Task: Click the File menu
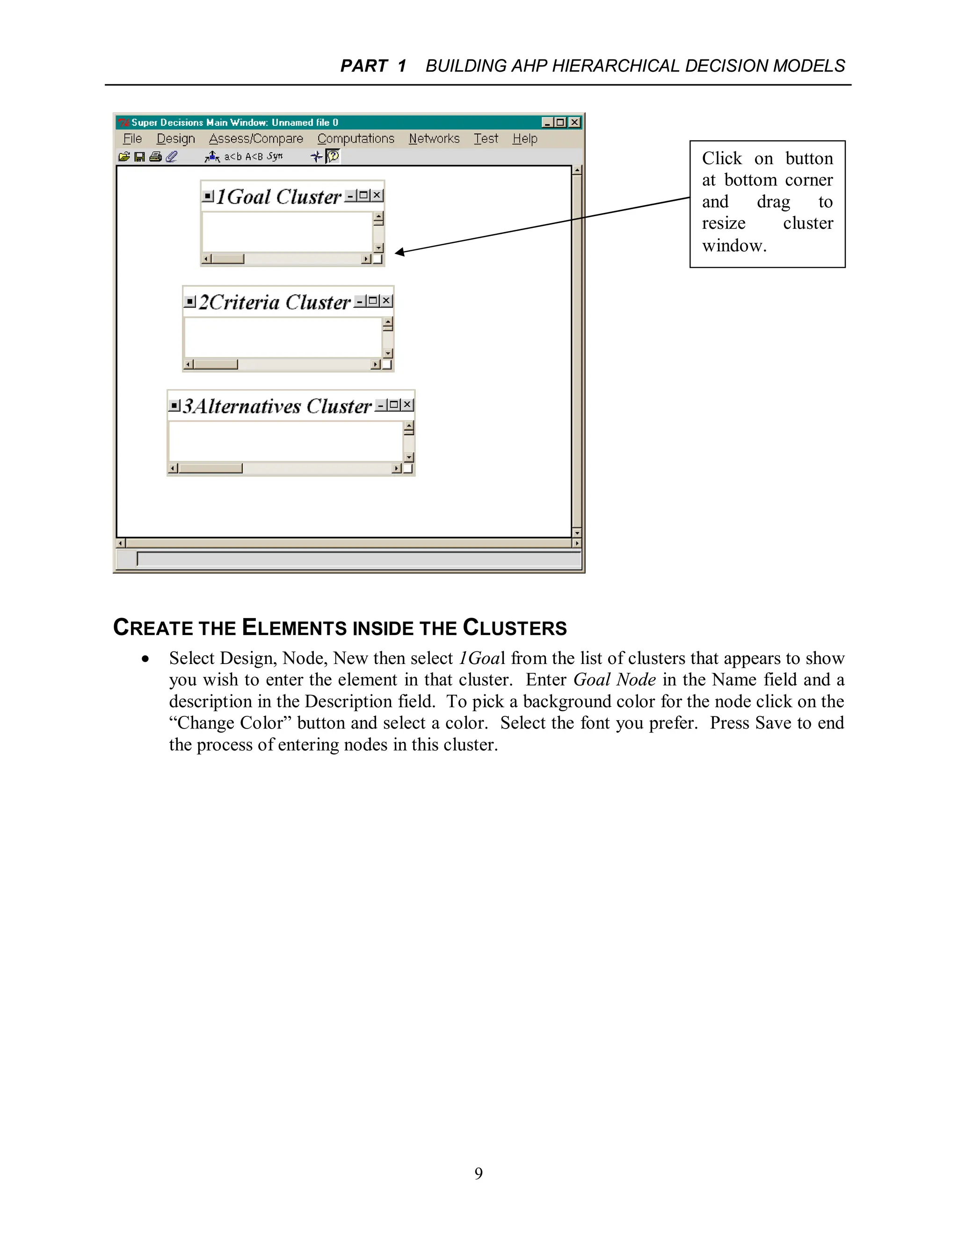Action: pyautogui.click(x=132, y=139)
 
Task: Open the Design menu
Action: pyautogui.click(x=175, y=139)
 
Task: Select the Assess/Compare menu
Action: pyautogui.click(x=255, y=139)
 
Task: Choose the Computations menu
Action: pyautogui.click(x=356, y=139)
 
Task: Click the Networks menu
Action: pyautogui.click(x=434, y=139)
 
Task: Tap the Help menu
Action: pyautogui.click(x=524, y=139)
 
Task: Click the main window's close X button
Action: pyautogui.click(x=574, y=123)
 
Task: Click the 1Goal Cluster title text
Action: pyautogui.click(x=278, y=197)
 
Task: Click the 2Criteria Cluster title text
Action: pyautogui.click(x=274, y=303)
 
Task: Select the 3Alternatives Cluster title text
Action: pyautogui.click(x=277, y=407)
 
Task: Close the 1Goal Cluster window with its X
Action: pyautogui.click(x=377, y=195)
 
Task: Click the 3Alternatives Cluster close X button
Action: pyautogui.click(x=407, y=405)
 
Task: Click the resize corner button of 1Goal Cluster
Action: pyautogui.click(x=377, y=260)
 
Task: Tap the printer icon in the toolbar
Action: pyautogui.click(x=155, y=157)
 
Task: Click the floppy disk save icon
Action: pyautogui.click(x=139, y=157)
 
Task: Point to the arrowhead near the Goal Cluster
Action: pyautogui.click(x=399, y=252)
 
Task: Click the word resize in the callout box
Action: pyautogui.click(x=723, y=224)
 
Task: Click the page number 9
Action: pyautogui.click(x=479, y=1174)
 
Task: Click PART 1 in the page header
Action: pyautogui.click(x=373, y=66)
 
